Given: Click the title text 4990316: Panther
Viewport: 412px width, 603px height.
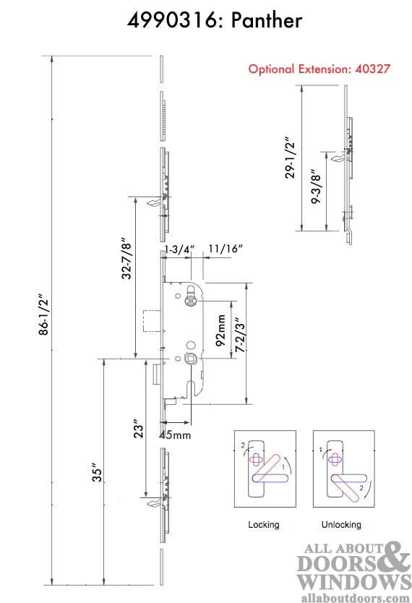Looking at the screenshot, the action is click(x=215, y=20).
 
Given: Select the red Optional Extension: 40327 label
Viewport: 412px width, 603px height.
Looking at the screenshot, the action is click(x=319, y=69).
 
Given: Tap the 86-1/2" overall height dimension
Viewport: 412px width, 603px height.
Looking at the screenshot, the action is click(x=44, y=315).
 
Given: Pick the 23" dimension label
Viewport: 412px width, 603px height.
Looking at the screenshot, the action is click(x=138, y=429).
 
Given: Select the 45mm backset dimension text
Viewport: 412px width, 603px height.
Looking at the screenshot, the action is click(x=175, y=435).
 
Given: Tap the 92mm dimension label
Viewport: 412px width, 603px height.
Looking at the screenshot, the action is click(x=220, y=330).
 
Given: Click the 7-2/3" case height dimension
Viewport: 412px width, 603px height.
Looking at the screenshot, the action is click(x=240, y=335).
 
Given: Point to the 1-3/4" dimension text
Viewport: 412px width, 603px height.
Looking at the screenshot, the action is click(x=178, y=249).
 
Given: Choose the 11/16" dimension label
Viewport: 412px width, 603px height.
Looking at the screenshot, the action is click(x=226, y=248).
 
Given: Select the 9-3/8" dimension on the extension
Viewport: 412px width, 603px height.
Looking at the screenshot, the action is click(x=316, y=186).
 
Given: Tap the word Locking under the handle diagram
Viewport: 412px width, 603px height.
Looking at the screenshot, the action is click(x=264, y=524).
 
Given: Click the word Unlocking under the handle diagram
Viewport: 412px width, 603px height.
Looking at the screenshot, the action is click(x=341, y=524).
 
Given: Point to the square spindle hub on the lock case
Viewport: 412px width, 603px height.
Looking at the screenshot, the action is click(x=190, y=359).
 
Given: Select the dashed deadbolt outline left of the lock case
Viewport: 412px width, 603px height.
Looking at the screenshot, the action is click(x=151, y=320).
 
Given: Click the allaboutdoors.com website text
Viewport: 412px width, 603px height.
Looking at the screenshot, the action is click(x=355, y=598).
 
